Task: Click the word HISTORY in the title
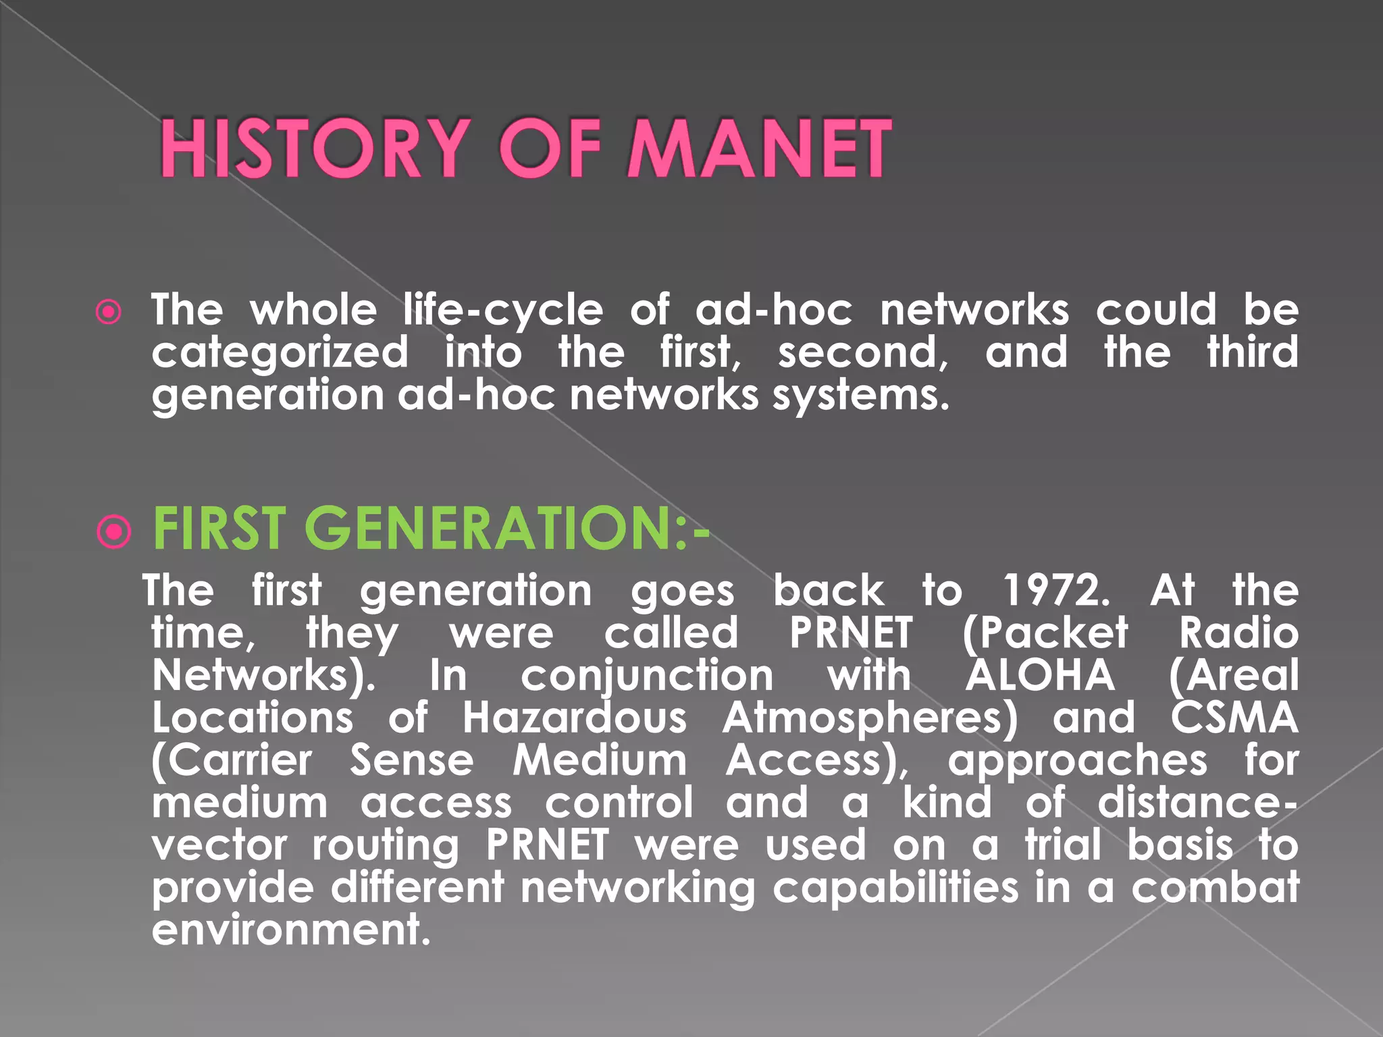click(x=314, y=148)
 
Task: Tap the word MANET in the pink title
click(x=760, y=148)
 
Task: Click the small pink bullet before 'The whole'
click(x=109, y=312)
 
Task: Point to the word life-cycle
click(x=503, y=311)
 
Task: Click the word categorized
click(x=280, y=354)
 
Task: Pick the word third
click(x=1253, y=352)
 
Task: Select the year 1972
click(x=1055, y=591)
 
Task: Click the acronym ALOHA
click(x=1040, y=675)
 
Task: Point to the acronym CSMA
click(x=1234, y=718)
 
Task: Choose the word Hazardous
click(x=575, y=718)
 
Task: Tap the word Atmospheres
click(x=870, y=719)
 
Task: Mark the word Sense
click(x=412, y=760)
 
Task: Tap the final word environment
click(x=290, y=930)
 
